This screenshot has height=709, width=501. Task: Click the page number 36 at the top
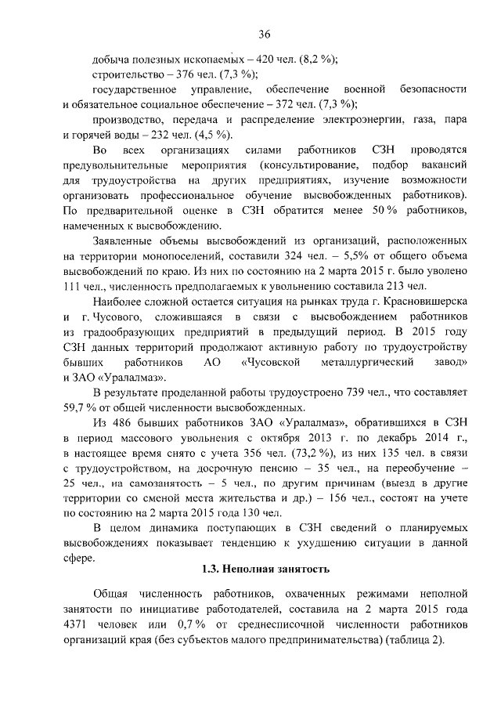[265, 34]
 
